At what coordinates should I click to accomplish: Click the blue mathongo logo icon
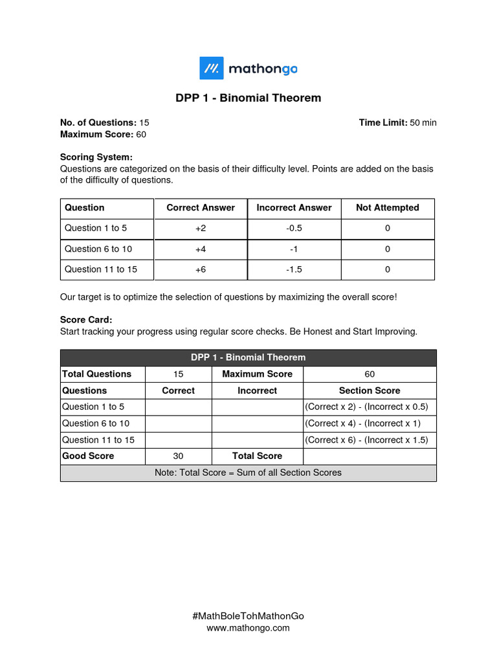pos(211,68)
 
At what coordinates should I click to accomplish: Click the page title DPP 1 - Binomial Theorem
pos(248,98)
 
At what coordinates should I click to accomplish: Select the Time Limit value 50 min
pos(423,122)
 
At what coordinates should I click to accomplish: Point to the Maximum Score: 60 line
pos(103,134)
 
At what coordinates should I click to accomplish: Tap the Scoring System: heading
pos(96,157)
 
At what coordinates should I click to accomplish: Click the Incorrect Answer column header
pos(294,208)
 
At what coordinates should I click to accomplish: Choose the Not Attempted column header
pos(387,208)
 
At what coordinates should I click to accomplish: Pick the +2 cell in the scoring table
pos(201,229)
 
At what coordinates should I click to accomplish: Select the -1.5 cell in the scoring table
pos(294,269)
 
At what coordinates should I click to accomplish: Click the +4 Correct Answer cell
pos(201,249)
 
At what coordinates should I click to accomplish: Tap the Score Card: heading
pos(86,320)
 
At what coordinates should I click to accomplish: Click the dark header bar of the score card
pos(248,357)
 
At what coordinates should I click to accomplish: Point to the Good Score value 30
pos(179,456)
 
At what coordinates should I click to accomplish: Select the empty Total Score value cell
pos(370,456)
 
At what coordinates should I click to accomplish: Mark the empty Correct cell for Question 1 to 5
pos(179,407)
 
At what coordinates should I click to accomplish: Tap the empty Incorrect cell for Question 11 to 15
pos(257,440)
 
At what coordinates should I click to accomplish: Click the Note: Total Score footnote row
pos(248,473)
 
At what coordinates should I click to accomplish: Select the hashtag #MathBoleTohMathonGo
pos(248,616)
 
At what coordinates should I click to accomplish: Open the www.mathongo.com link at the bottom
pos(248,628)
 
